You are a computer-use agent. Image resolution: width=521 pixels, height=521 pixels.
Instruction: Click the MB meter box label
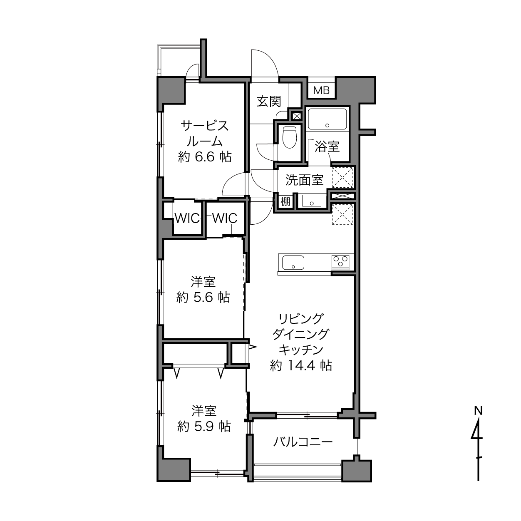tap(322, 90)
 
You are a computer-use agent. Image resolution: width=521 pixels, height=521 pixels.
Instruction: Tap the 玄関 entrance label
tap(269, 102)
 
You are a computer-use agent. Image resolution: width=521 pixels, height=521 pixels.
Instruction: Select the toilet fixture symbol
tap(290, 137)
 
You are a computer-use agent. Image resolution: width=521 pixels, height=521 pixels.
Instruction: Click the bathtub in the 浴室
tap(327, 119)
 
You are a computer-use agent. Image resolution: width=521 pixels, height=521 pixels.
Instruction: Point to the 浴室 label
tap(327, 147)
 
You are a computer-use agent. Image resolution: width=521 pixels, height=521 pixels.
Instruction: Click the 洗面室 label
tap(305, 180)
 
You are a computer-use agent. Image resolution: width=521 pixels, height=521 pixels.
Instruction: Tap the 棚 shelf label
tap(285, 201)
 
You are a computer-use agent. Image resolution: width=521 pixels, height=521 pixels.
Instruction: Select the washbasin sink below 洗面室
tap(312, 201)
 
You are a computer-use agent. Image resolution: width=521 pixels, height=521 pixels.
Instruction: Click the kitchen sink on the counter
tap(293, 263)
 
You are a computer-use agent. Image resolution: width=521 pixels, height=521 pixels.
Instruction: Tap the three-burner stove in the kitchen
tap(340, 262)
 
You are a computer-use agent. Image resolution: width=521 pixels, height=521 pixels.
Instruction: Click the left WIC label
tap(187, 218)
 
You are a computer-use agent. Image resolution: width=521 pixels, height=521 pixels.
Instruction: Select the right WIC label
tap(225, 218)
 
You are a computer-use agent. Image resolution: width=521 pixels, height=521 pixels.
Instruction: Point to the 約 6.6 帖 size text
tap(205, 157)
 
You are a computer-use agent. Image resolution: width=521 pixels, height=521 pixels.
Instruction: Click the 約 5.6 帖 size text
tap(203, 298)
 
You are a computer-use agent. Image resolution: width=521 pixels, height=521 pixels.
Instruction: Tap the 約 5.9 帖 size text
tap(204, 427)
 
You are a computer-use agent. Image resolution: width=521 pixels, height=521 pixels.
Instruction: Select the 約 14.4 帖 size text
tap(301, 365)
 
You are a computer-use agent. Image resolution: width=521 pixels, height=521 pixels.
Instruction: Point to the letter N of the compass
tap(478, 411)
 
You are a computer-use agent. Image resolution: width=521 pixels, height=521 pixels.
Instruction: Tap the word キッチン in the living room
tap(301, 350)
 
